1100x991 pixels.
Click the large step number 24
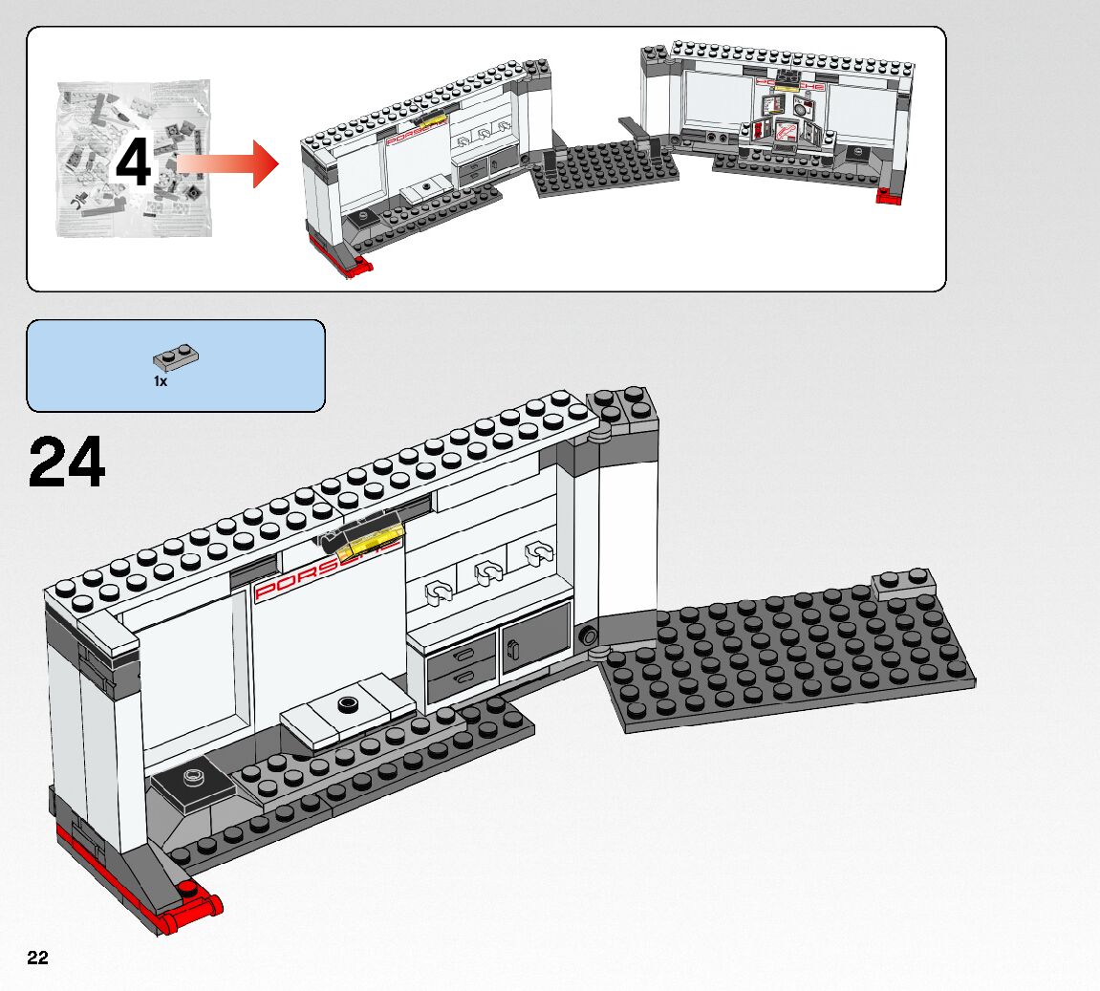(67, 463)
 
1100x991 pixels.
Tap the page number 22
(37, 959)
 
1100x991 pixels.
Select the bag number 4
(133, 163)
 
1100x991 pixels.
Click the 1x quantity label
(161, 381)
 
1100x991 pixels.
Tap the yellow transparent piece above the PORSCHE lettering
(367, 544)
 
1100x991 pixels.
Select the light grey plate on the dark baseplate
(904, 582)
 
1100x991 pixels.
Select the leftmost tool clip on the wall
(439, 592)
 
